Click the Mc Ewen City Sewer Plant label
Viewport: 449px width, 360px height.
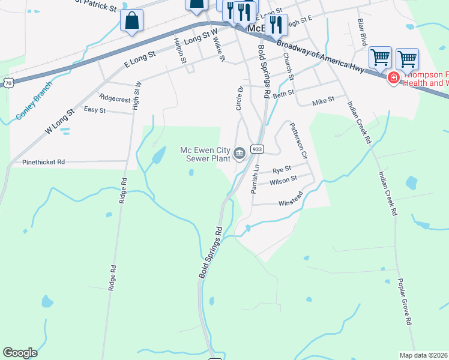point(206,155)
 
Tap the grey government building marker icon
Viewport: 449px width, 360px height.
point(240,155)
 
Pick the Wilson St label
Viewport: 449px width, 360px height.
point(283,179)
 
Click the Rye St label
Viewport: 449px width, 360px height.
point(282,169)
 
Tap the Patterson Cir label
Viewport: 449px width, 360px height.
point(298,140)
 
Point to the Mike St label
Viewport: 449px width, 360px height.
point(323,102)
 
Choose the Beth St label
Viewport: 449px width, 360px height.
point(283,94)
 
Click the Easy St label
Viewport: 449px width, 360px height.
point(95,110)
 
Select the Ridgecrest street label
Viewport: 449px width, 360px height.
point(115,98)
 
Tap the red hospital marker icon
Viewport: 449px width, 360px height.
point(394,78)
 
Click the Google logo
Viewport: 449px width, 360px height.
point(20,353)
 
